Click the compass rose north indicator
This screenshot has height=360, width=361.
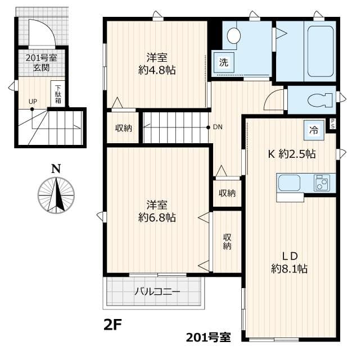coord(56,195)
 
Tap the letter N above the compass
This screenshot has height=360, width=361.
coord(55,168)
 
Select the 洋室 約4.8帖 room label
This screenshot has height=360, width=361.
coord(156,64)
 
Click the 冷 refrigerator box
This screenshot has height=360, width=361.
coord(312,129)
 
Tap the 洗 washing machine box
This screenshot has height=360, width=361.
coord(223,62)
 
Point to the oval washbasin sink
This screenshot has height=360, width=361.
coord(233,36)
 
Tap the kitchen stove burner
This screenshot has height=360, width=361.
coord(322,183)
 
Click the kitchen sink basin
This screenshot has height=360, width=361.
coord(289,183)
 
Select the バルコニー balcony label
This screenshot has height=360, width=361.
coord(157,292)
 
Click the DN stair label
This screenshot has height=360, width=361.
coord(217,127)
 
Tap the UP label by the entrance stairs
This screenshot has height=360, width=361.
coord(33,102)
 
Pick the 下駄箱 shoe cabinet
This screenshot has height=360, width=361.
coord(58,93)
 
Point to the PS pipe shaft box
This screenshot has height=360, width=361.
coord(333,124)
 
